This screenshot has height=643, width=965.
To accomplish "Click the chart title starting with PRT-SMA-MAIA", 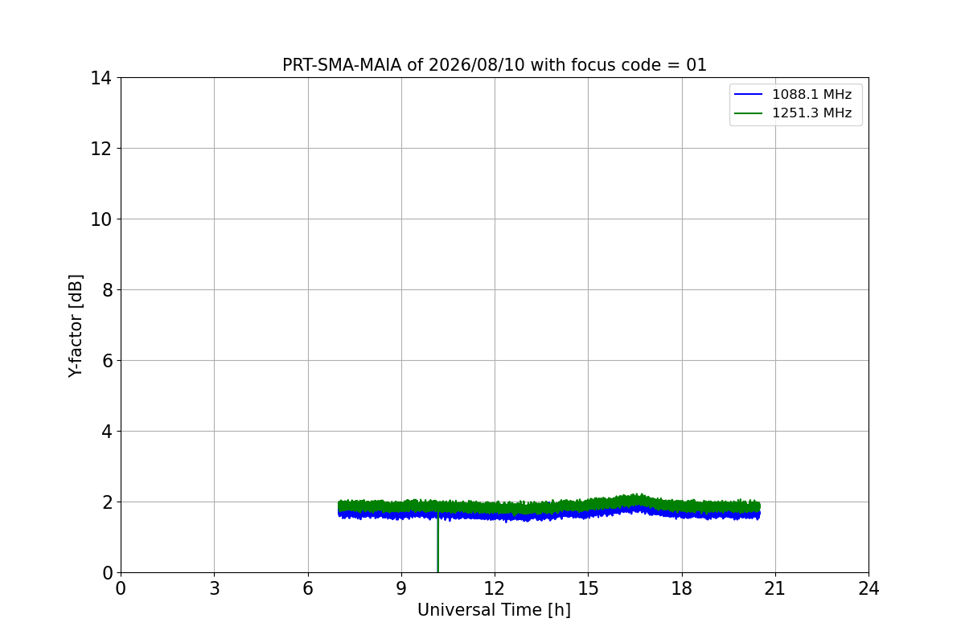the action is click(x=494, y=65).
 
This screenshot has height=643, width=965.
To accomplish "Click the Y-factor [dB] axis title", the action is click(x=76, y=326).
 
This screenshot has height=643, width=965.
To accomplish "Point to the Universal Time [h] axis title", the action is click(x=494, y=610).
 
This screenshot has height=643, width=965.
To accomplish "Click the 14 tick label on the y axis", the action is click(x=101, y=78).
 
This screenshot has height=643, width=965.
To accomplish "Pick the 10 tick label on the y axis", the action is click(x=101, y=219).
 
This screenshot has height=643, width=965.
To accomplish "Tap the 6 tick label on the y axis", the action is click(x=107, y=360).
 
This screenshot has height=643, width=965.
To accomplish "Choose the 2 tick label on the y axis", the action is click(x=107, y=502).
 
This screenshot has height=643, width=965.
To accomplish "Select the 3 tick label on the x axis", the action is click(x=215, y=588).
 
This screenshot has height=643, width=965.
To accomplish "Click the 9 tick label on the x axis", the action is click(x=401, y=588).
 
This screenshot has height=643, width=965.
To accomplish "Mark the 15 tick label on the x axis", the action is click(x=588, y=588).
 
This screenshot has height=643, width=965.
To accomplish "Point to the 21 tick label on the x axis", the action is click(x=775, y=588).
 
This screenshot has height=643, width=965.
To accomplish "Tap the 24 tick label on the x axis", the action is click(x=868, y=588).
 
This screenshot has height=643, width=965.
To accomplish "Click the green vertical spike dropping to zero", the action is click(x=437, y=543).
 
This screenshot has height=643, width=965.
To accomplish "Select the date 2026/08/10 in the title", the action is click(x=476, y=65).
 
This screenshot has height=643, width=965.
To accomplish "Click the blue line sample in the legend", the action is click(x=749, y=94).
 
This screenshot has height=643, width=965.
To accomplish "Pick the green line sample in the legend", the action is click(x=749, y=113).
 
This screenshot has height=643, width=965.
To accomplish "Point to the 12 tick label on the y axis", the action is click(x=101, y=149).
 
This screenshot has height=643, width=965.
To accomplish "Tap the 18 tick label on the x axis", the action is click(x=682, y=588).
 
